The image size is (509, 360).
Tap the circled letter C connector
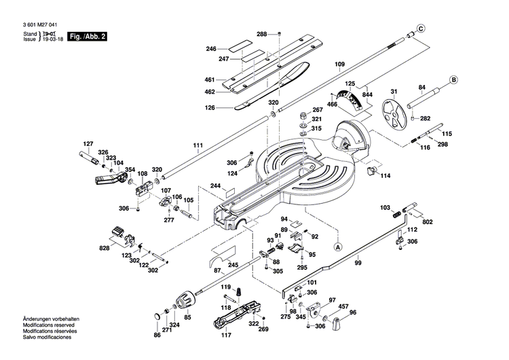pyautogui.click(x=421, y=29)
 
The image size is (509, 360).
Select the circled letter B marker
pyautogui.click(x=452, y=80)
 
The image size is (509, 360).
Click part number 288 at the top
pyautogui.click(x=261, y=34)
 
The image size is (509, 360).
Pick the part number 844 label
pyautogui.click(x=367, y=94)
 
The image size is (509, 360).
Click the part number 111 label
pyautogui.click(x=197, y=146)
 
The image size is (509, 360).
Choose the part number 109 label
pyautogui.click(x=340, y=65)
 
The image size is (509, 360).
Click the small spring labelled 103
pyautogui.click(x=396, y=215)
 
